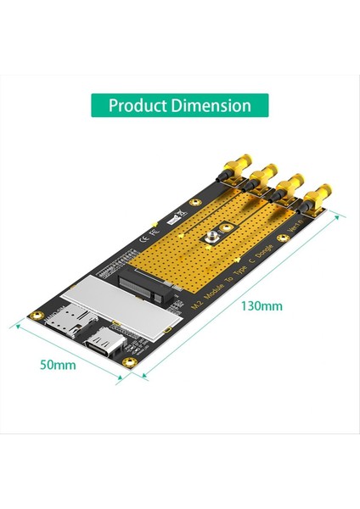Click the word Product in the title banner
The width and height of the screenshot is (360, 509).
pos(141,106)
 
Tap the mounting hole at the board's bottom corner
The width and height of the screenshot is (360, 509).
pos(127,362)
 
